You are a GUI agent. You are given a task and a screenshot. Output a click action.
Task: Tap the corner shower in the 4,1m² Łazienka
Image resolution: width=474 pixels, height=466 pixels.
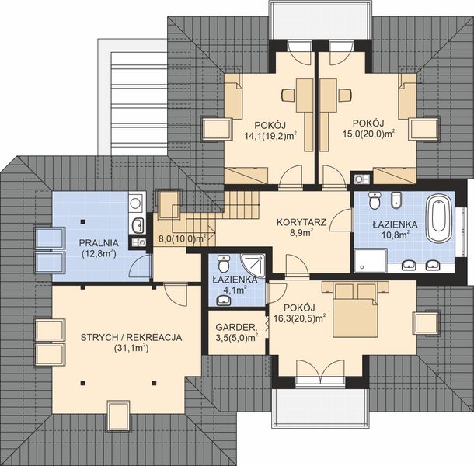tap(253, 266)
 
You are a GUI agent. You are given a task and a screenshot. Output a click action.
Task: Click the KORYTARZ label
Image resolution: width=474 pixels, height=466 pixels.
tap(301, 222)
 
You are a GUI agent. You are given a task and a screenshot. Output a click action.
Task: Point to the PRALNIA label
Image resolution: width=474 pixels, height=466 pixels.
tap(99, 242)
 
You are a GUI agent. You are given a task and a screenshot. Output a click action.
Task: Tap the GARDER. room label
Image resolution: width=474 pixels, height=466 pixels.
tap(237, 327)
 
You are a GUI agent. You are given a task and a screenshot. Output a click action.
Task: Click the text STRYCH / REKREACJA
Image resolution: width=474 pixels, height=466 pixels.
tap(131, 337)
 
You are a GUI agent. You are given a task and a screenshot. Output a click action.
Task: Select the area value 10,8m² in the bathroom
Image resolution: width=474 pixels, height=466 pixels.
tap(396, 235)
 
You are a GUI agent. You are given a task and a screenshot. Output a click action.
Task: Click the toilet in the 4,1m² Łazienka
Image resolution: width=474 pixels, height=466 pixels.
tap(224, 263)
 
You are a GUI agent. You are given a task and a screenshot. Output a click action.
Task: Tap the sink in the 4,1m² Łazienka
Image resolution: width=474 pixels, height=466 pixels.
tap(224, 301)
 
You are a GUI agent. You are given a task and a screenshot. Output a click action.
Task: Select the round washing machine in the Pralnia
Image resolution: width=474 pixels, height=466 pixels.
tap(136, 203)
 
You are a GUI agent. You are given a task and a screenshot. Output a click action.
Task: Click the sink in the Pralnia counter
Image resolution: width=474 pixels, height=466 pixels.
tap(138, 225)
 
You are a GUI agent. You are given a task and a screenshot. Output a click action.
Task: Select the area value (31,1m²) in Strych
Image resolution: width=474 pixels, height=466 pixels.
tap(131, 349)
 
